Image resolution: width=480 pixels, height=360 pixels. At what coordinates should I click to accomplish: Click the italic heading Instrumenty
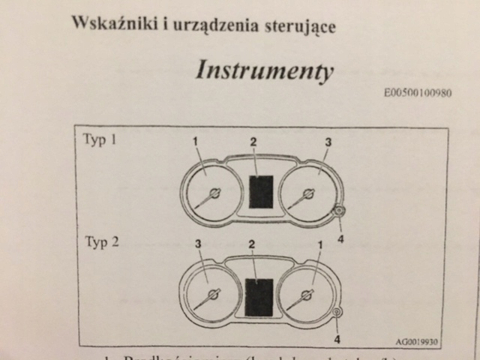tap(263, 70)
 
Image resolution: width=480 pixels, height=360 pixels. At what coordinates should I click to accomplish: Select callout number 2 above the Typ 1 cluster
tap(253, 142)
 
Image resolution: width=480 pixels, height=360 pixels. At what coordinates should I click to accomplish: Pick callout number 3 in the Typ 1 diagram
tap(328, 142)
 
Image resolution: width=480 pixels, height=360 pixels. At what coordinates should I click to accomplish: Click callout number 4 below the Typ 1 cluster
tap(340, 238)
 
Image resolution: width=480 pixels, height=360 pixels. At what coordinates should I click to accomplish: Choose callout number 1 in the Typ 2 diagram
tap(319, 244)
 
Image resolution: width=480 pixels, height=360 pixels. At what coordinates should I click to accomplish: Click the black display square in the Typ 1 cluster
tap(260, 191)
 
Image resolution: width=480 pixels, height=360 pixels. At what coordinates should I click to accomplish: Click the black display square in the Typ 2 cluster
tap(259, 297)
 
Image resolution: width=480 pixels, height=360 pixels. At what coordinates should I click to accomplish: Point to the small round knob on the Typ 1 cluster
tap(339, 211)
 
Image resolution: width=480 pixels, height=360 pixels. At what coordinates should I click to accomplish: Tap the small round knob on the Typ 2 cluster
tap(335, 313)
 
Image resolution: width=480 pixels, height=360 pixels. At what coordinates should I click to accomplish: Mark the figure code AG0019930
tap(416, 341)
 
